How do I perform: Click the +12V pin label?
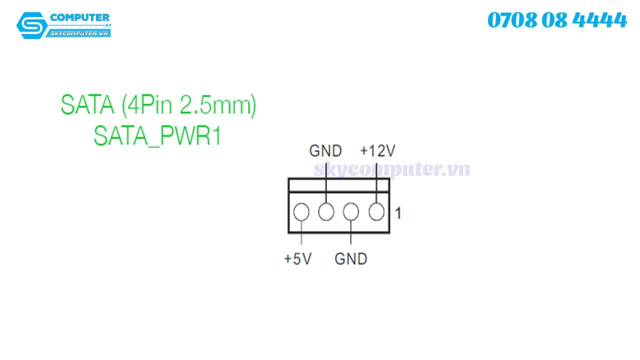(x=377, y=150)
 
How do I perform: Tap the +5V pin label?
(x=297, y=259)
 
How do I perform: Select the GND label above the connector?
(x=325, y=150)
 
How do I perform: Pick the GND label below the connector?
(x=350, y=259)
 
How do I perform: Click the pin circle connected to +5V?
(x=301, y=212)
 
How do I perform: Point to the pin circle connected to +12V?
(x=376, y=212)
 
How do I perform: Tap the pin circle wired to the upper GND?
(x=326, y=212)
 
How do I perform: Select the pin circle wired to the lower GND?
(x=351, y=212)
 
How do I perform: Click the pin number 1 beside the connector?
(x=398, y=213)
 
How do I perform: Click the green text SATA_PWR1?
(x=157, y=135)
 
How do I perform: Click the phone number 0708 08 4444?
(x=556, y=20)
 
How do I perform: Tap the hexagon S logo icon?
(x=32, y=25)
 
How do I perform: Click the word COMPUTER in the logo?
(x=79, y=18)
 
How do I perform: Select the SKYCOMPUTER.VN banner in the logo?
(x=79, y=33)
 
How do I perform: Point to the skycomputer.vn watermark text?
(x=391, y=169)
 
